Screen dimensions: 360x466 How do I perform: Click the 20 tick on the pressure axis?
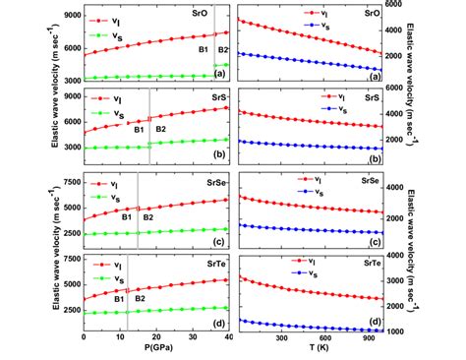tap(156, 339)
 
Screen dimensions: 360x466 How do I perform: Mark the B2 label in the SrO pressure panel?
tap(223, 49)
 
